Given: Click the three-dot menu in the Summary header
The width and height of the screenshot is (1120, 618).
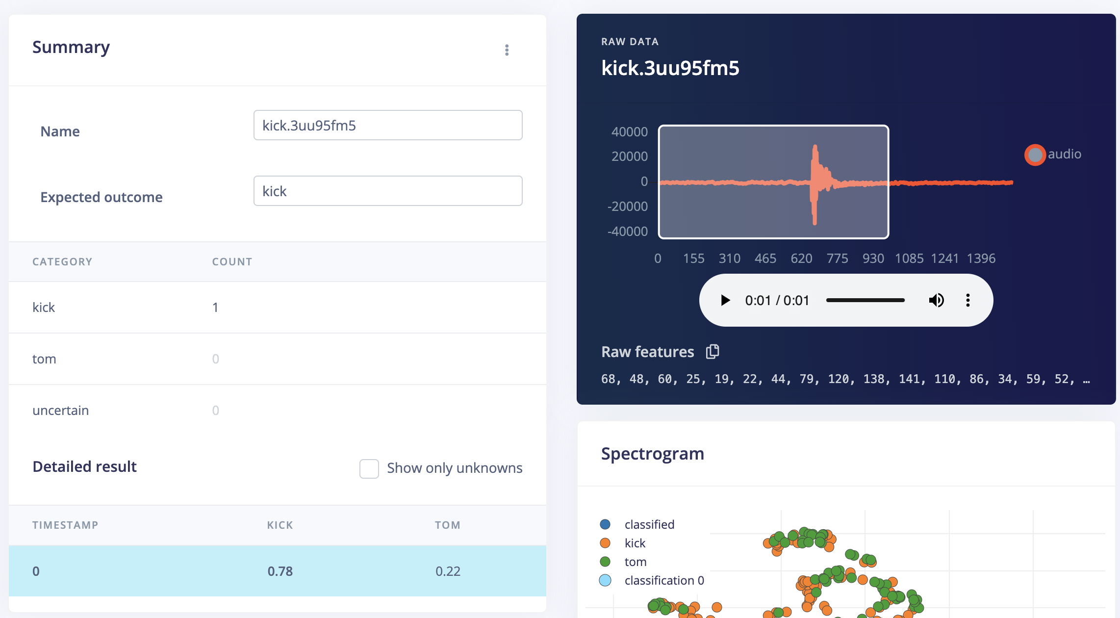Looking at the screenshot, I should click(507, 50).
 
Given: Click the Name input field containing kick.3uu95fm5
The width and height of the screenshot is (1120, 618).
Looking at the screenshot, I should click(387, 126).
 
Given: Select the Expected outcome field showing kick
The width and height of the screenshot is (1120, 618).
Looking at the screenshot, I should click(387, 191).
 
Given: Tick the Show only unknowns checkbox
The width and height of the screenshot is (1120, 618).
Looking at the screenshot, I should click(369, 468).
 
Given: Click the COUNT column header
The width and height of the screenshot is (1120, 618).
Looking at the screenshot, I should click(232, 262).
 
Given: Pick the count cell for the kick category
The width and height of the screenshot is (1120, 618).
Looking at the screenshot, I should click(215, 308).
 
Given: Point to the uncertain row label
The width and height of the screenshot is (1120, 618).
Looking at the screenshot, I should click(60, 411).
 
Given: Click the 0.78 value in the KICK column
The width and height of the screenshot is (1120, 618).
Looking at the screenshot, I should click(280, 571).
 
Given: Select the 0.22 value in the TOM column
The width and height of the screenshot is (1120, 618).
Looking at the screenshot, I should click(448, 571).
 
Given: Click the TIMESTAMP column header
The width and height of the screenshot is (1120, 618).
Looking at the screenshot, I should click(65, 525).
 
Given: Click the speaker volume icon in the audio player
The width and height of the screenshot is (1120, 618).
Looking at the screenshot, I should click(936, 300).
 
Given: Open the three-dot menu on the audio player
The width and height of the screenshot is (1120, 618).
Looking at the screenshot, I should click(967, 300).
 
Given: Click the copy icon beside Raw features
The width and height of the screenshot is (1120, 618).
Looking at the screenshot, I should click(713, 352).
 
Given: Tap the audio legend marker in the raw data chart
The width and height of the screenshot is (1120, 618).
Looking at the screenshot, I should click(1035, 155).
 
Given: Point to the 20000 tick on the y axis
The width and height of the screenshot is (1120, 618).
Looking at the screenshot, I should click(630, 156).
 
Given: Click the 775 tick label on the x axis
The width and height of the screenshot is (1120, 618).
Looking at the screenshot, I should click(837, 258).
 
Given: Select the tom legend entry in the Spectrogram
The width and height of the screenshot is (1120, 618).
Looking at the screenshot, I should click(635, 562).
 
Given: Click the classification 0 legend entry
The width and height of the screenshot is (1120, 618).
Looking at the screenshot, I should click(663, 581).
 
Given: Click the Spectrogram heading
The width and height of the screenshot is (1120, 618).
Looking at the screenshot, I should click(652, 454).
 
